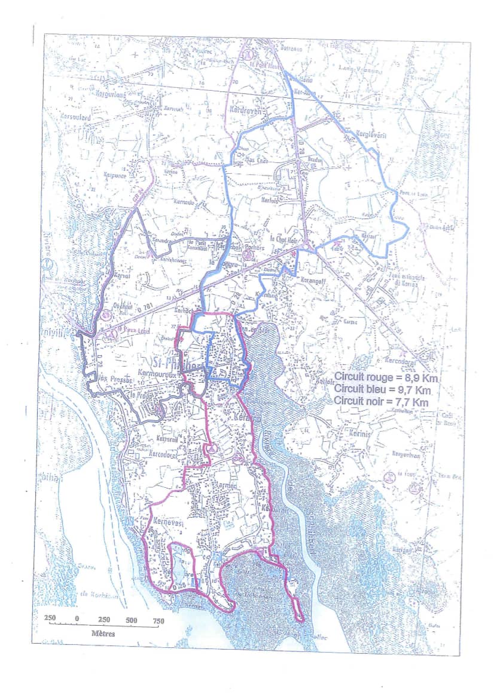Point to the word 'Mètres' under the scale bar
(x=103, y=632)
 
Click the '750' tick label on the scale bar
(x=158, y=620)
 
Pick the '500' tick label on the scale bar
(x=132, y=620)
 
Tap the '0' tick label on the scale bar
(x=77, y=620)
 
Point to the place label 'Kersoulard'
(x=74, y=118)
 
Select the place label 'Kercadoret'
(x=158, y=453)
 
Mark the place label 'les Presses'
(x=110, y=379)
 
